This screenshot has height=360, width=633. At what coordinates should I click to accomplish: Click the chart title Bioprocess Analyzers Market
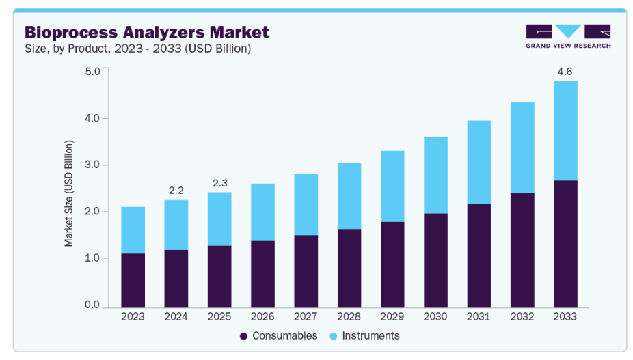[x=146, y=32]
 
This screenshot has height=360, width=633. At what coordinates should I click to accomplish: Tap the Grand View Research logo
[x=567, y=36]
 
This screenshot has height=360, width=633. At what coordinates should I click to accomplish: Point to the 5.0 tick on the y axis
[x=92, y=71]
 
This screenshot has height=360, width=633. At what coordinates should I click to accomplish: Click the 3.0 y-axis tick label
[x=92, y=165]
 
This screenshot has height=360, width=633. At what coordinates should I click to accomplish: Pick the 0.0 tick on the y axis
[x=92, y=305]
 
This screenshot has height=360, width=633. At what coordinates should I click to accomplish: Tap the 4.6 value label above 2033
[x=565, y=71]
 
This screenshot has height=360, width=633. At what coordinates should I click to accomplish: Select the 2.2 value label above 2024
[x=176, y=189]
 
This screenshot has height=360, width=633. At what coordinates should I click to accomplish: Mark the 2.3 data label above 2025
[x=219, y=182]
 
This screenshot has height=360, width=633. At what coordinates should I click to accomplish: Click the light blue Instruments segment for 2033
[x=565, y=130]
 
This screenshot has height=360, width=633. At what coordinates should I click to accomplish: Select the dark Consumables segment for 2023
[x=133, y=280]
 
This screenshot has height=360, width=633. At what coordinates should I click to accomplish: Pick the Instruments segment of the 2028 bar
[x=349, y=196]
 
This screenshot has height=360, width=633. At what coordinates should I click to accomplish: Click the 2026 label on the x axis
[x=262, y=318]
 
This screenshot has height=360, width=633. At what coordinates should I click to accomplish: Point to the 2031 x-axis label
[x=479, y=318]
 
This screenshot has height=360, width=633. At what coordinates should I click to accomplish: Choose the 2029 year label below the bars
[x=392, y=318]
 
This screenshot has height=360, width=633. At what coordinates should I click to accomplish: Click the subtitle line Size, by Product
[x=137, y=49]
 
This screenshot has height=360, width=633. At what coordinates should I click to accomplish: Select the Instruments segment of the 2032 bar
[x=522, y=148]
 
